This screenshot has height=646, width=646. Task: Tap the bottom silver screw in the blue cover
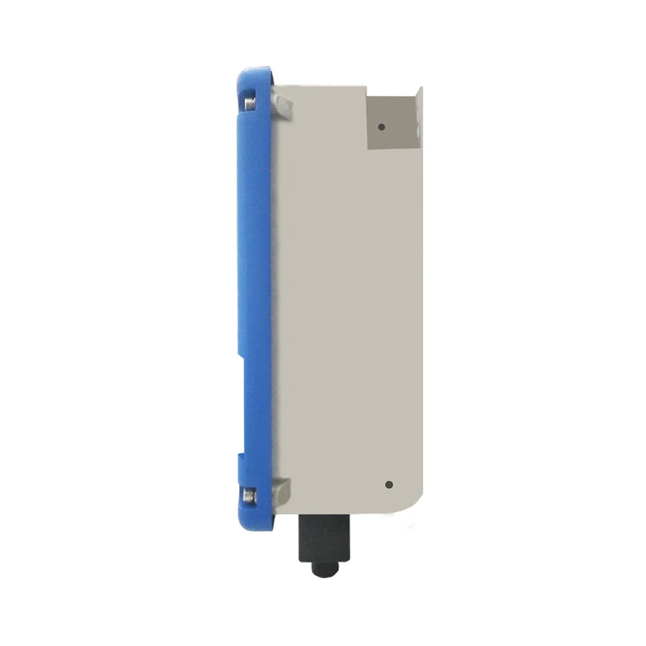tap(248, 496)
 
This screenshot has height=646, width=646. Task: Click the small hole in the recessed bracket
tap(382, 127)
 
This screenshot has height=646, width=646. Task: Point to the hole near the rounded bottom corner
tap(388, 484)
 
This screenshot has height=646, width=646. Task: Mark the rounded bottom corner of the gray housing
tap(413, 504)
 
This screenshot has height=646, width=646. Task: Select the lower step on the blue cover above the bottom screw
tap(240, 456)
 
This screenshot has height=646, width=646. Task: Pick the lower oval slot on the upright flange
tap(419, 133)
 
